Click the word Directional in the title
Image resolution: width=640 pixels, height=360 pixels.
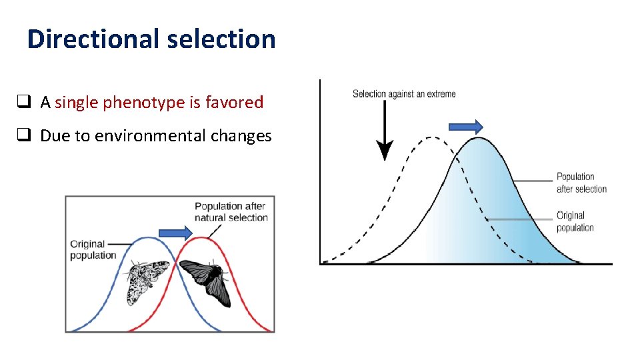coord(93,39)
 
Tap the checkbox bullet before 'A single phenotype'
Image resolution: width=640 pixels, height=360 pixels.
coord(23,102)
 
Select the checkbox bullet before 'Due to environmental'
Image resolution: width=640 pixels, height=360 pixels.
coord(23,136)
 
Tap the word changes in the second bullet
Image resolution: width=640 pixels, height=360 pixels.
coord(241,136)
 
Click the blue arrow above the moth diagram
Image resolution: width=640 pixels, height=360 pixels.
coord(175,232)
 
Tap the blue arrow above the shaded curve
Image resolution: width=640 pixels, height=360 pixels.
coord(465,126)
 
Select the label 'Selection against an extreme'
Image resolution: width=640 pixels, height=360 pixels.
coord(404,94)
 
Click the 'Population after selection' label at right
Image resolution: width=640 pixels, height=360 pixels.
coord(581,183)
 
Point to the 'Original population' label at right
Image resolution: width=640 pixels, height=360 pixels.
coord(575,221)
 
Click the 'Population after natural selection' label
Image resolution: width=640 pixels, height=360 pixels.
coord(231,211)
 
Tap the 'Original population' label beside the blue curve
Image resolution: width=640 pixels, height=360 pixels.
coord(93,249)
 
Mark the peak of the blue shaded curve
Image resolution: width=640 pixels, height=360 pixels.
coord(477,138)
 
